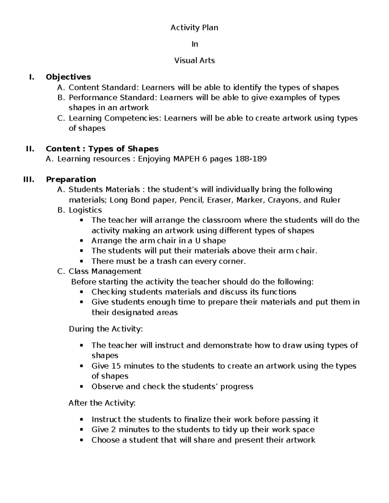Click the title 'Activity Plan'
click(x=194, y=28)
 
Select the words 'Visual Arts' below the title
click(x=194, y=60)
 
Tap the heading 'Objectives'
click(x=68, y=77)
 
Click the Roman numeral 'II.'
click(x=30, y=149)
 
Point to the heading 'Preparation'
click(x=71, y=179)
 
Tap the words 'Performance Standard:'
click(x=113, y=97)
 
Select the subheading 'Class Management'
click(x=105, y=271)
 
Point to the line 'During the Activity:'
click(x=105, y=329)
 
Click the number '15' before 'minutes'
click(x=116, y=366)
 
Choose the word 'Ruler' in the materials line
click(x=330, y=200)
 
